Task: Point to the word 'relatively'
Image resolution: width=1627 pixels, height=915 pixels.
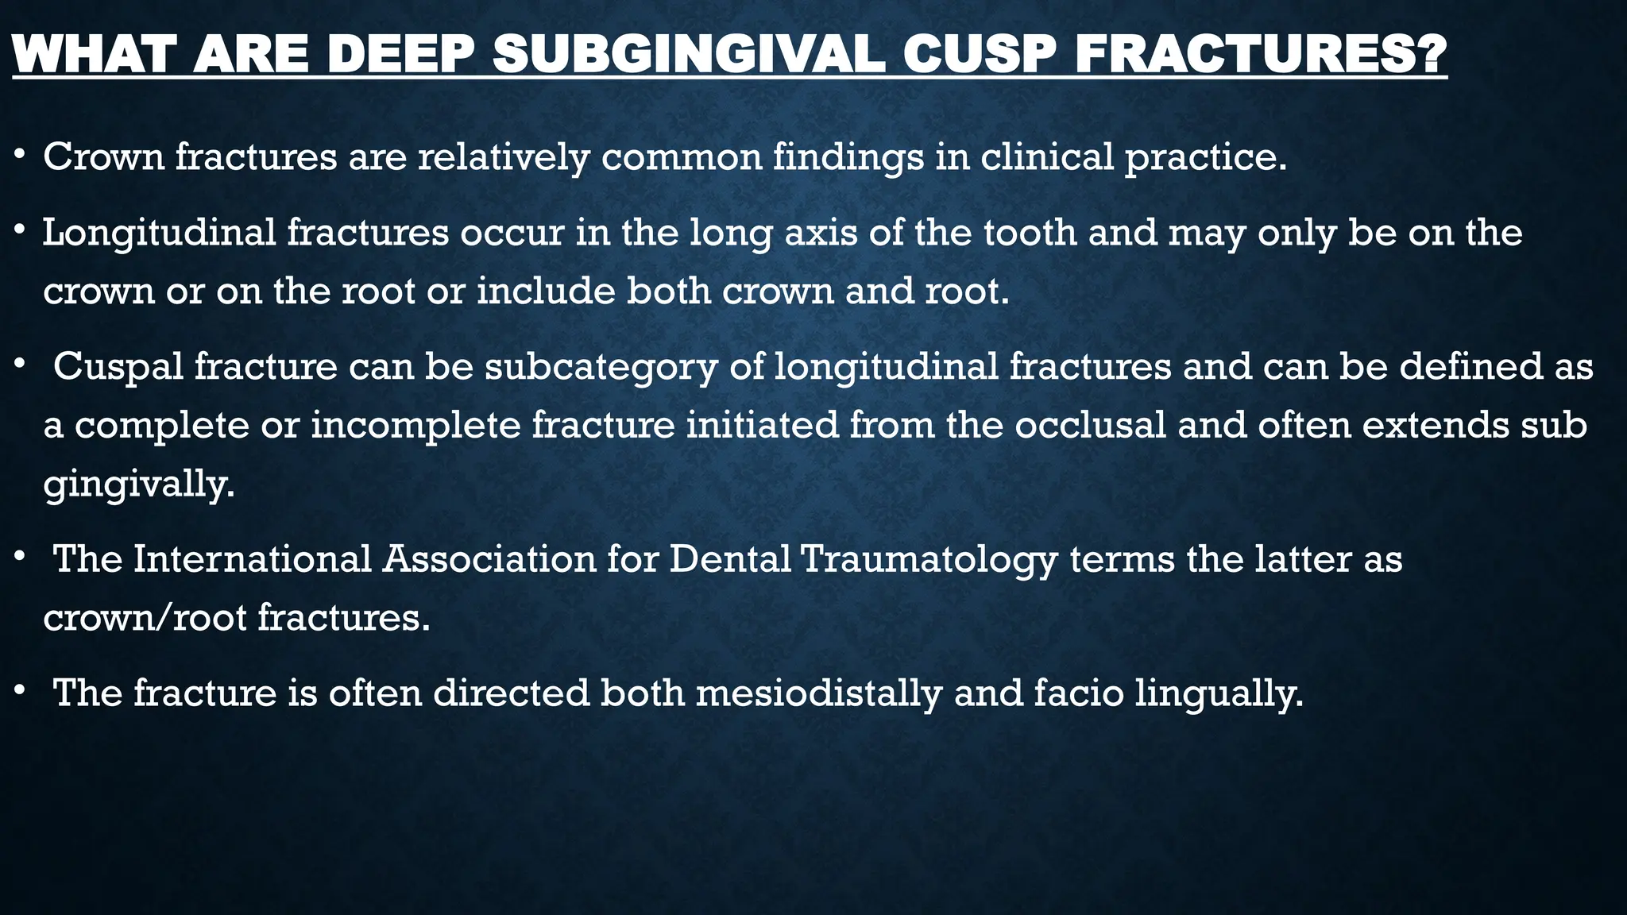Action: (504, 157)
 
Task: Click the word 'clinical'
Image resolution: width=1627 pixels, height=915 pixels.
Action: (1046, 157)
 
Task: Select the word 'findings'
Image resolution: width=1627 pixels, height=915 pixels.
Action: (848, 157)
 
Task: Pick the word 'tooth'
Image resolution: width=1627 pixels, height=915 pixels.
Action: (1030, 233)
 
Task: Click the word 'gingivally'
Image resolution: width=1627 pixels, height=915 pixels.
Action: (138, 484)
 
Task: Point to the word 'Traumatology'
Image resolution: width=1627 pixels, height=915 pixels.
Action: (929, 559)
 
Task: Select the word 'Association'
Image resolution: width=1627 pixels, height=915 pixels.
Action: (489, 559)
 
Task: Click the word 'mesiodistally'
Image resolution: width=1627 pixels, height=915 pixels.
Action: (818, 693)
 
